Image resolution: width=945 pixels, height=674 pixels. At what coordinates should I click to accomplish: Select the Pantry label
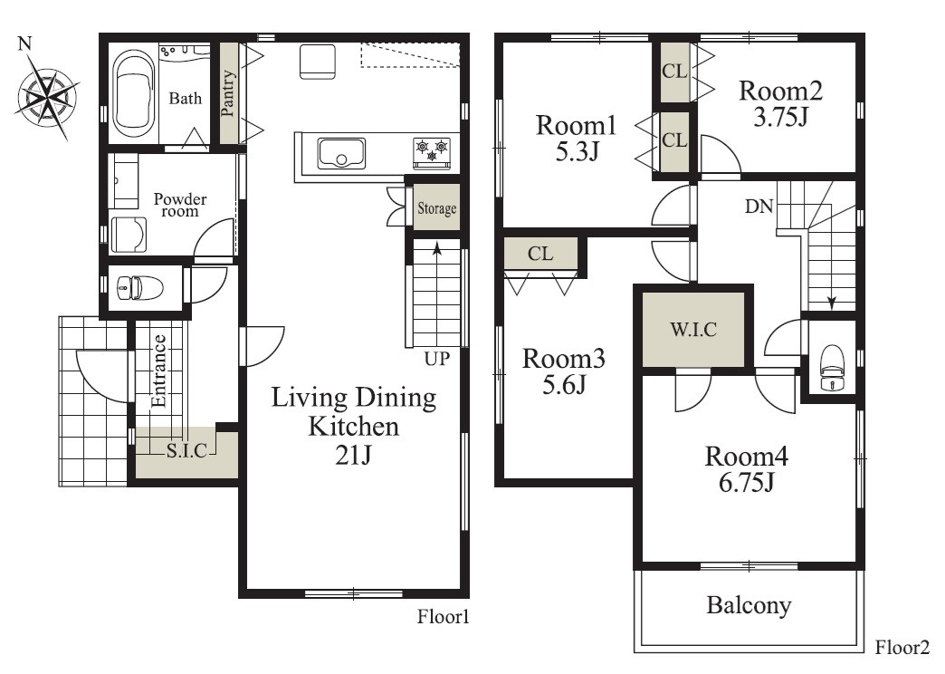click(x=228, y=93)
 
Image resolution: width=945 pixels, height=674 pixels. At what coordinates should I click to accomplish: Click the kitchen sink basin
click(x=342, y=153)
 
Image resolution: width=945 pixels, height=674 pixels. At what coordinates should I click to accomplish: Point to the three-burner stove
click(x=432, y=149)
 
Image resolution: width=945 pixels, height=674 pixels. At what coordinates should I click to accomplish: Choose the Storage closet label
click(x=437, y=208)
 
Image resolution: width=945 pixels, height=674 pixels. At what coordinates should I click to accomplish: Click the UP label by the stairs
click(x=437, y=359)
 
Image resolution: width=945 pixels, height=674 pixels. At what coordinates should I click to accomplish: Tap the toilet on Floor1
click(x=138, y=287)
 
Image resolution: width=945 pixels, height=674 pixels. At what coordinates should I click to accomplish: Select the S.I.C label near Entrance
click(x=186, y=450)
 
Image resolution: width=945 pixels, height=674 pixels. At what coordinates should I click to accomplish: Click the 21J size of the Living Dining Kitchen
click(x=353, y=455)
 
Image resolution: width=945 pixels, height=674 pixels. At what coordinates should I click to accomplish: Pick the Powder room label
click(x=179, y=205)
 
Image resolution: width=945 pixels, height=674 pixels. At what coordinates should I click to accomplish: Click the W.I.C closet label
click(x=693, y=330)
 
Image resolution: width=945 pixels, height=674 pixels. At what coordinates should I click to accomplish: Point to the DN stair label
click(x=759, y=207)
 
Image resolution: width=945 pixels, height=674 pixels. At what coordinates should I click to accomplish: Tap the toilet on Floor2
click(x=832, y=368)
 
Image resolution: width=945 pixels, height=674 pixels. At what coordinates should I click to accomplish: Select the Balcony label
click(x=749, y=605)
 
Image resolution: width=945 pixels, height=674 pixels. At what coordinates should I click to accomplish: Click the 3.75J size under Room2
click(x=780, y=117)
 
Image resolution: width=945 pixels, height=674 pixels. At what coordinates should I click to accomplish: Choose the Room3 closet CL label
click(x=540, y=254)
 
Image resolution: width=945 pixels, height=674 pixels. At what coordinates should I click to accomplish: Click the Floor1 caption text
click(x=443, y=617)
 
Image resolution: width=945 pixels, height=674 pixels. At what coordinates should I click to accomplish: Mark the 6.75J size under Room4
click(x=746, y=482)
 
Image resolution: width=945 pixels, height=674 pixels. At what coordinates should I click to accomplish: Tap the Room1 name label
click(x=577, y=126)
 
